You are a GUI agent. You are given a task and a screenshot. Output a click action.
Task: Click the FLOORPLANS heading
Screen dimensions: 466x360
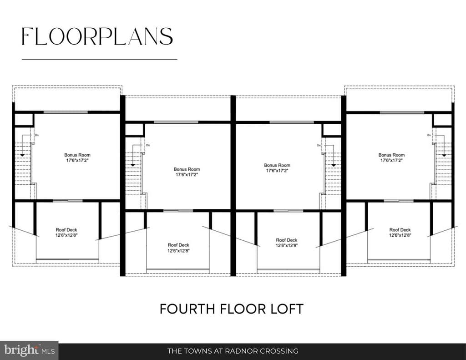click(97, 36)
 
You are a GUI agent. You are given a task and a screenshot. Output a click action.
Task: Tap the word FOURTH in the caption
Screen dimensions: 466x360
click(187, 309)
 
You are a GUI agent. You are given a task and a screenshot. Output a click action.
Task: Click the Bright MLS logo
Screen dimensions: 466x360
click(29, 350)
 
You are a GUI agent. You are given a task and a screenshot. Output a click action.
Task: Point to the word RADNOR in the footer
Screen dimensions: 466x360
click(241, 351)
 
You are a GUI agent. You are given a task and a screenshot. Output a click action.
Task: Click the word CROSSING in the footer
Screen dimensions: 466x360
click(279, 351)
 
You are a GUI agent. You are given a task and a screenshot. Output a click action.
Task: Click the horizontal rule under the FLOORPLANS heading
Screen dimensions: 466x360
click(99, 60)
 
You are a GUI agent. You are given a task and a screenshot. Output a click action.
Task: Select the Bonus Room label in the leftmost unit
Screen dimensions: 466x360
click(77, 155)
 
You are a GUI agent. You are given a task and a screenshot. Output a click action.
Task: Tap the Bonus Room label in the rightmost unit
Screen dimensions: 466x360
click(391, 155)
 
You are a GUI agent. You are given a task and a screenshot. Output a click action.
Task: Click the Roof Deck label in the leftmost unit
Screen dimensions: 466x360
click(66, 230)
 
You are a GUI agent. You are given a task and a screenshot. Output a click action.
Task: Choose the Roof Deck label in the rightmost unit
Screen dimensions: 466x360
click(400, 230)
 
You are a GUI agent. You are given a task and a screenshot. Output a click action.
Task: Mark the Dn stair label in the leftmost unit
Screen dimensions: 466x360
click(37, 135)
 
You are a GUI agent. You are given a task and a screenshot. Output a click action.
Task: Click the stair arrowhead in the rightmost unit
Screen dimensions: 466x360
click(444, 155)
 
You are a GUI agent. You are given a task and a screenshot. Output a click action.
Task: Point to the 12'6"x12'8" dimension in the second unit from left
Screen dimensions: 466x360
click(178, 251)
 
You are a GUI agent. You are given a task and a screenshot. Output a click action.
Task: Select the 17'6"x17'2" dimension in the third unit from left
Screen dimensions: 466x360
click(277, 171)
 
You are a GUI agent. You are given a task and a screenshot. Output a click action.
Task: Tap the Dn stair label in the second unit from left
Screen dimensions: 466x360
click(148, 145)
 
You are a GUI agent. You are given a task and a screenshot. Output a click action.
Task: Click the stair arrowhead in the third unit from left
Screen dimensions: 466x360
click(334, 165)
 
